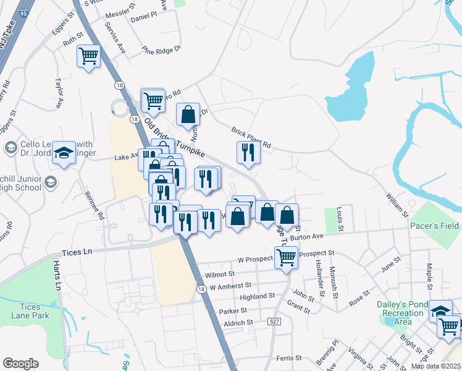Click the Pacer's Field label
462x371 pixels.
click(x=435, y=226)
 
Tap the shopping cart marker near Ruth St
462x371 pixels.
click(x=88, y=56)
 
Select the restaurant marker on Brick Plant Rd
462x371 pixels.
click(x=248, y=152)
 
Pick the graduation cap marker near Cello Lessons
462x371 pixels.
click(x=64, y=153)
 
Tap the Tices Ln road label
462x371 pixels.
click(x=77, y=252)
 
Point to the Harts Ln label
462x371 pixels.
click(x=57, y=276)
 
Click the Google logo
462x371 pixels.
click(x=20, y=364)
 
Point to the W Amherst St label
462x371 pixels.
click(x=230, y=286)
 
